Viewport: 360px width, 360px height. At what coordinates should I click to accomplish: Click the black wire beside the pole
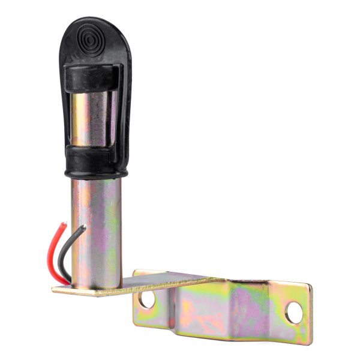(x=70, y=252)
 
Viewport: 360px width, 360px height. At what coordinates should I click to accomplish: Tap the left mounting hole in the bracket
(x=147, y=299)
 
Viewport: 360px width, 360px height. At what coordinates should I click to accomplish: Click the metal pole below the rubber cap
(x=96, y=228)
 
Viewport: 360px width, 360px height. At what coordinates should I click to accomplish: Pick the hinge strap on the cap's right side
(x=123, y=108)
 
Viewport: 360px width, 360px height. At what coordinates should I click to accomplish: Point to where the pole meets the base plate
(x=96, y=286)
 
